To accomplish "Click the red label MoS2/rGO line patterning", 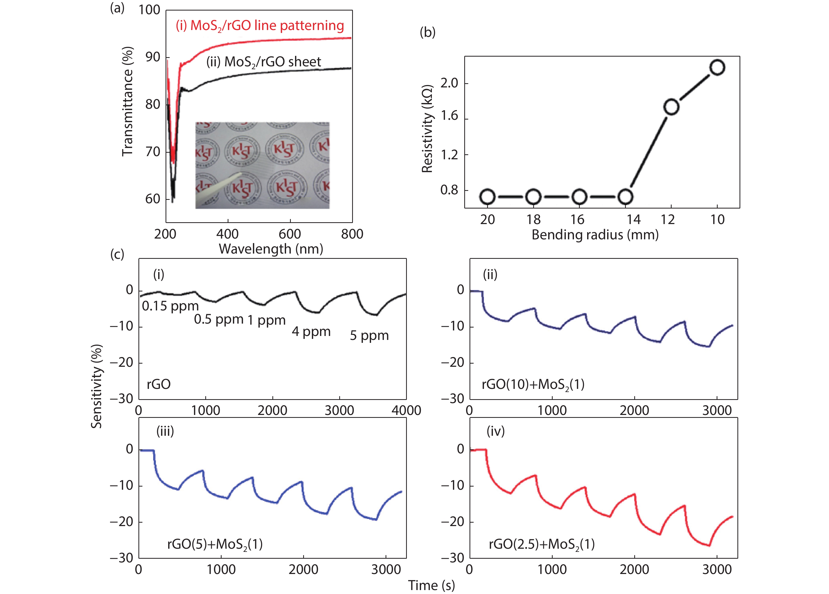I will click(260, 26).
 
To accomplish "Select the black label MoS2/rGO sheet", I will click(263, 62).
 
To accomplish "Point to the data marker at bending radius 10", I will click(717, 68).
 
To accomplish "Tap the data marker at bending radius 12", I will click(671, 107).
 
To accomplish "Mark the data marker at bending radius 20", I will click(487, 197).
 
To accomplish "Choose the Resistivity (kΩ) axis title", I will click(427, 129).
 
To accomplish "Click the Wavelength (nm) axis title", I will click(271, 249).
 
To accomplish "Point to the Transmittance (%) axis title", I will click(127, 102).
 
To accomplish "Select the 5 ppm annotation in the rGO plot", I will click(369, 336).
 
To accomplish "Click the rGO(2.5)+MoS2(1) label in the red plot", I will click(542, 544).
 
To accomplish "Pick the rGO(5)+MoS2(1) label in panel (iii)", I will click(215, 544).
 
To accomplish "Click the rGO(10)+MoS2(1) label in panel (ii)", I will click(533, 385).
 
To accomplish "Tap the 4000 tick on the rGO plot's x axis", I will click(406, 410).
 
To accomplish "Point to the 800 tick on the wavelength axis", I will click(352, 234).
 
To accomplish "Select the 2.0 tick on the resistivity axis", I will click(449, 83).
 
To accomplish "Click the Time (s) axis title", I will click(431, 585).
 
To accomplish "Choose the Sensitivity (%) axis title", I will click(97, 386).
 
